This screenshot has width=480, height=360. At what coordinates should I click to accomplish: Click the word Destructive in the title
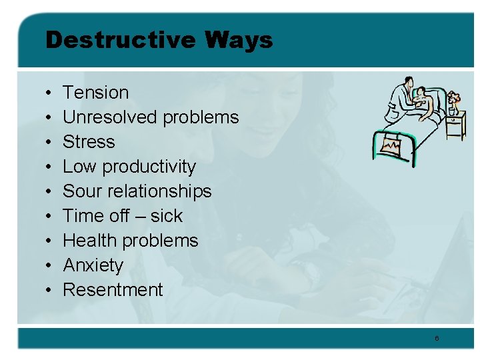(121, 41)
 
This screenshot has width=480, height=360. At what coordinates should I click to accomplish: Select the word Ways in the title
(239, 41)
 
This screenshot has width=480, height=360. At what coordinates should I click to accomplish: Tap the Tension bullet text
(95, 93)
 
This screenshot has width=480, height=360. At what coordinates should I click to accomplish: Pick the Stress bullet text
(89, 142)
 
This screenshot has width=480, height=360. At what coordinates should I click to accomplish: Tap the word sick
(166, 216)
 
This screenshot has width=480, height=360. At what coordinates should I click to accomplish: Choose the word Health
(89, 241)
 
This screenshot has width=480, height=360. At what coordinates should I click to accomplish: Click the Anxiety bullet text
(93, 265)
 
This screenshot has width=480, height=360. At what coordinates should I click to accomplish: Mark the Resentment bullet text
(113, 290)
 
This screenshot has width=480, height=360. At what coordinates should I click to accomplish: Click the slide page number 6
(437, 339)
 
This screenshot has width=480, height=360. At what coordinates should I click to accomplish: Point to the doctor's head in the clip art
(406, 85)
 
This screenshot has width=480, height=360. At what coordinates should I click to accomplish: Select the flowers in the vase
(453, 99)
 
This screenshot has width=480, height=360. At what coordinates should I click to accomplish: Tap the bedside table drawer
(456, 121)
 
